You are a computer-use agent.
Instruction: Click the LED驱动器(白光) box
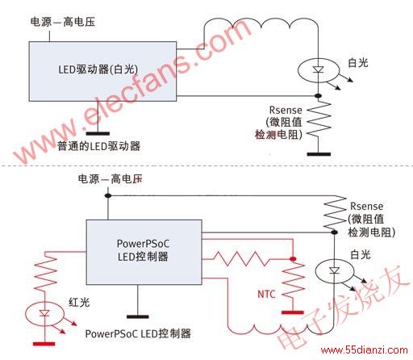102,71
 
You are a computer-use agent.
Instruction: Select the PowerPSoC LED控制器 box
144,252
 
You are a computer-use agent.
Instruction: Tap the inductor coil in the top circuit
261,23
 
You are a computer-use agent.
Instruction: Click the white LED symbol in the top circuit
319,70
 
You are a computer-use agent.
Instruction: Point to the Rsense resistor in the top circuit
319,119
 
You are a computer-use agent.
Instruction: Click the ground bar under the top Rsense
319,154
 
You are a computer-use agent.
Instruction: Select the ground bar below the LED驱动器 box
98,133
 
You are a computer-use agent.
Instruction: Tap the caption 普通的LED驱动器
98,146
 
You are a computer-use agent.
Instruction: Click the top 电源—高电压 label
63,22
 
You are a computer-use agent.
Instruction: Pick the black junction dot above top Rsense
319,96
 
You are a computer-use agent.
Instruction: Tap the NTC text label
266,294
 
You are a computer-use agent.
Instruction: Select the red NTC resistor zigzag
293,281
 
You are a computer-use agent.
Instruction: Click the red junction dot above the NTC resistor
293,259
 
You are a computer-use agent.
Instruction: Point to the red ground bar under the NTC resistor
293,312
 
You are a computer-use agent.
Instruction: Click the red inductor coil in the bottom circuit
280,329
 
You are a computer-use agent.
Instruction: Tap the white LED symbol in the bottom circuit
334,271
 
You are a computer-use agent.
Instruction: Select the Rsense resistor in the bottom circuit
335,213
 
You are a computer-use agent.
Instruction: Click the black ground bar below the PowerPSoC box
138,316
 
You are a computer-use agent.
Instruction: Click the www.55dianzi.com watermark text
365,350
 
